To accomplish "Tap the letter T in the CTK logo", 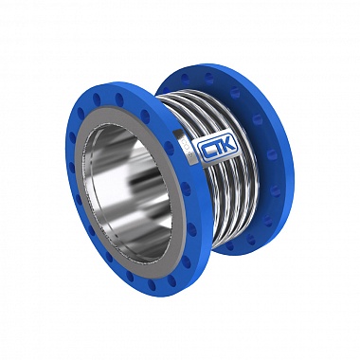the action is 220,148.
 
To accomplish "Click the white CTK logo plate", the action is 219,148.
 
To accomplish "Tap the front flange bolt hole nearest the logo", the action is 169,149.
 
